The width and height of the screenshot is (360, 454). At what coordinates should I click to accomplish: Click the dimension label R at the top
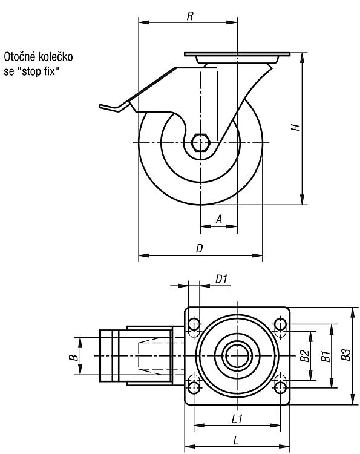pos(190,16)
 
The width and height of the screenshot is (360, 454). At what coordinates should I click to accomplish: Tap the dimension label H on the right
pos(295,127)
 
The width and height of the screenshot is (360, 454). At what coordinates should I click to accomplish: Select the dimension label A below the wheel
pos(219,219)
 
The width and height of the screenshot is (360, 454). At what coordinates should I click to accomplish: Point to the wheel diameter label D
pos(200,248)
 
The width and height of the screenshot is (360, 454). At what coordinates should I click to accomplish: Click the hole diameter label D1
pos(221,279)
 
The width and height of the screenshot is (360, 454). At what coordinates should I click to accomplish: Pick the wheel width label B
pos(73,357)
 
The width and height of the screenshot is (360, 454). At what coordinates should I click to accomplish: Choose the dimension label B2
pos(304,356)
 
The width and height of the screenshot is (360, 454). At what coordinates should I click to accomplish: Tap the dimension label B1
pos(326,356)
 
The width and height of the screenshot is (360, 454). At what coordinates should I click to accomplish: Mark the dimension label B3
pos(346,354)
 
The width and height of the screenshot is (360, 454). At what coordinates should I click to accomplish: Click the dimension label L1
pos(237,419)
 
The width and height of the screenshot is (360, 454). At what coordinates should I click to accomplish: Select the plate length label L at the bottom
pos(236,441)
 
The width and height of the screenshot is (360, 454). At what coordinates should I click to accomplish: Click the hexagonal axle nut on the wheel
pos(200,142)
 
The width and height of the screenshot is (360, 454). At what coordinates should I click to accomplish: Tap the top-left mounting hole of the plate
pos(194,324)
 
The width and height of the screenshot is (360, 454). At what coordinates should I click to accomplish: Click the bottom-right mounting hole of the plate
pos(280,387)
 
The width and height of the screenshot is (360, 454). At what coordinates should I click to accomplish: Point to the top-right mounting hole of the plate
pos(280,324)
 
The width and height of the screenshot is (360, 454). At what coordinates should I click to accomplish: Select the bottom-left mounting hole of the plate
pos(194,387)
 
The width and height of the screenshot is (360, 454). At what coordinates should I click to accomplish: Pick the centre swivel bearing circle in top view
pos(237,356)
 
